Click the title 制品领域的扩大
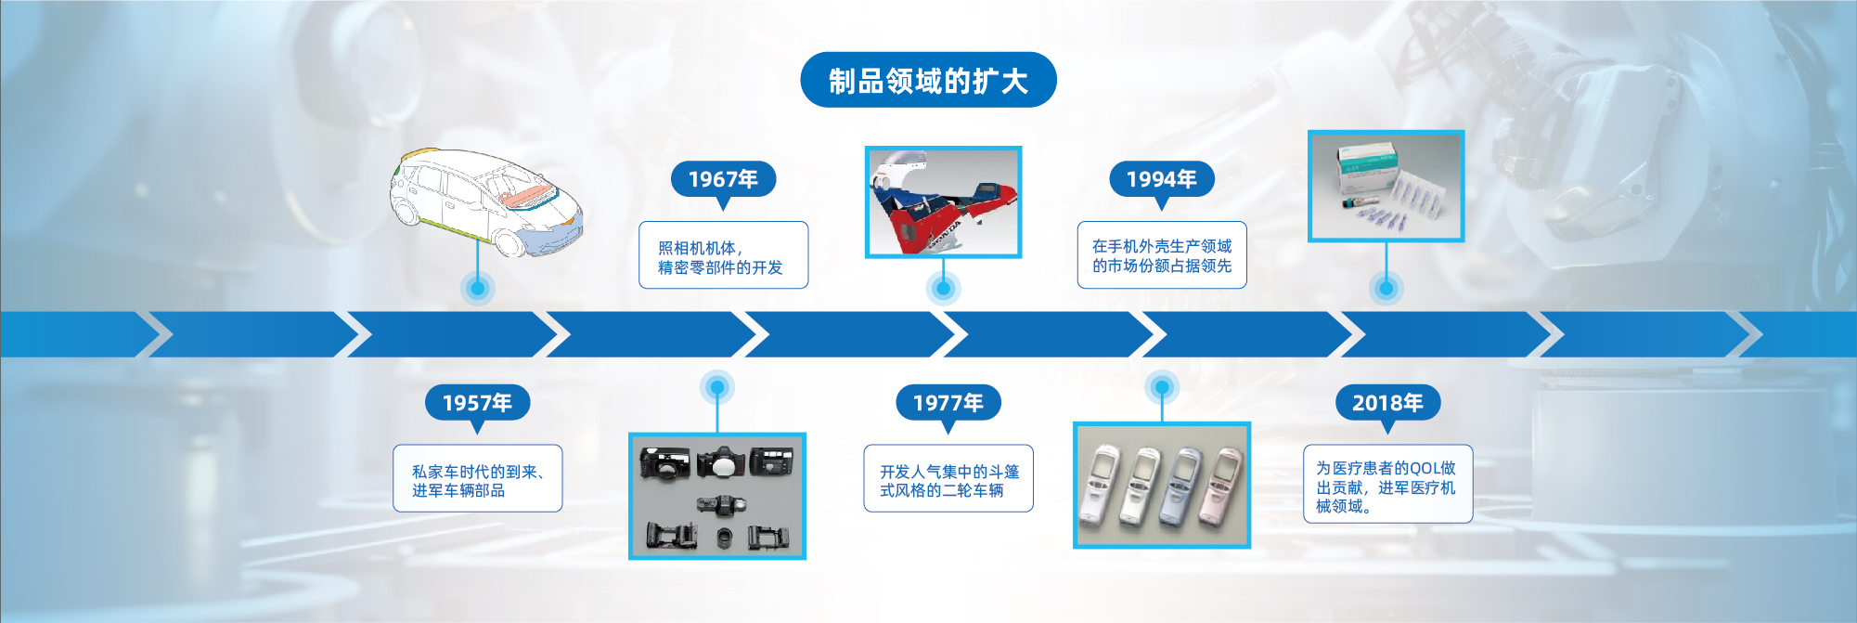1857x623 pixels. (928, 80)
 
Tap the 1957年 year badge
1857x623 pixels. (477, 403)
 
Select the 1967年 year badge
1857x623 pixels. (723, 179)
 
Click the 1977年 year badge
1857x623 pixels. (948, 403)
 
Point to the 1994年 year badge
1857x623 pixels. (1161, 179)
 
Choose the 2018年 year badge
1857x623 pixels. (1387, 403)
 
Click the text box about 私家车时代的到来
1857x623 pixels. (477, 478)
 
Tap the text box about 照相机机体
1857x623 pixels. (723, 255)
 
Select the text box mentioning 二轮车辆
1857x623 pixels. (948, 478)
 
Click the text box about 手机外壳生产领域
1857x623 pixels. (1162, 255)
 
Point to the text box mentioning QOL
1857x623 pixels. (1387, 484)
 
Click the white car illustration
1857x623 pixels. (485, 201)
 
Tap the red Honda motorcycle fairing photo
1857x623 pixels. (943, 201)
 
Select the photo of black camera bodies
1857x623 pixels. (716, 496)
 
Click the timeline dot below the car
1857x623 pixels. (477, 288)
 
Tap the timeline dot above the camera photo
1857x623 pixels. (716, 387)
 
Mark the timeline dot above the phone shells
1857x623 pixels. (1161, 386)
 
